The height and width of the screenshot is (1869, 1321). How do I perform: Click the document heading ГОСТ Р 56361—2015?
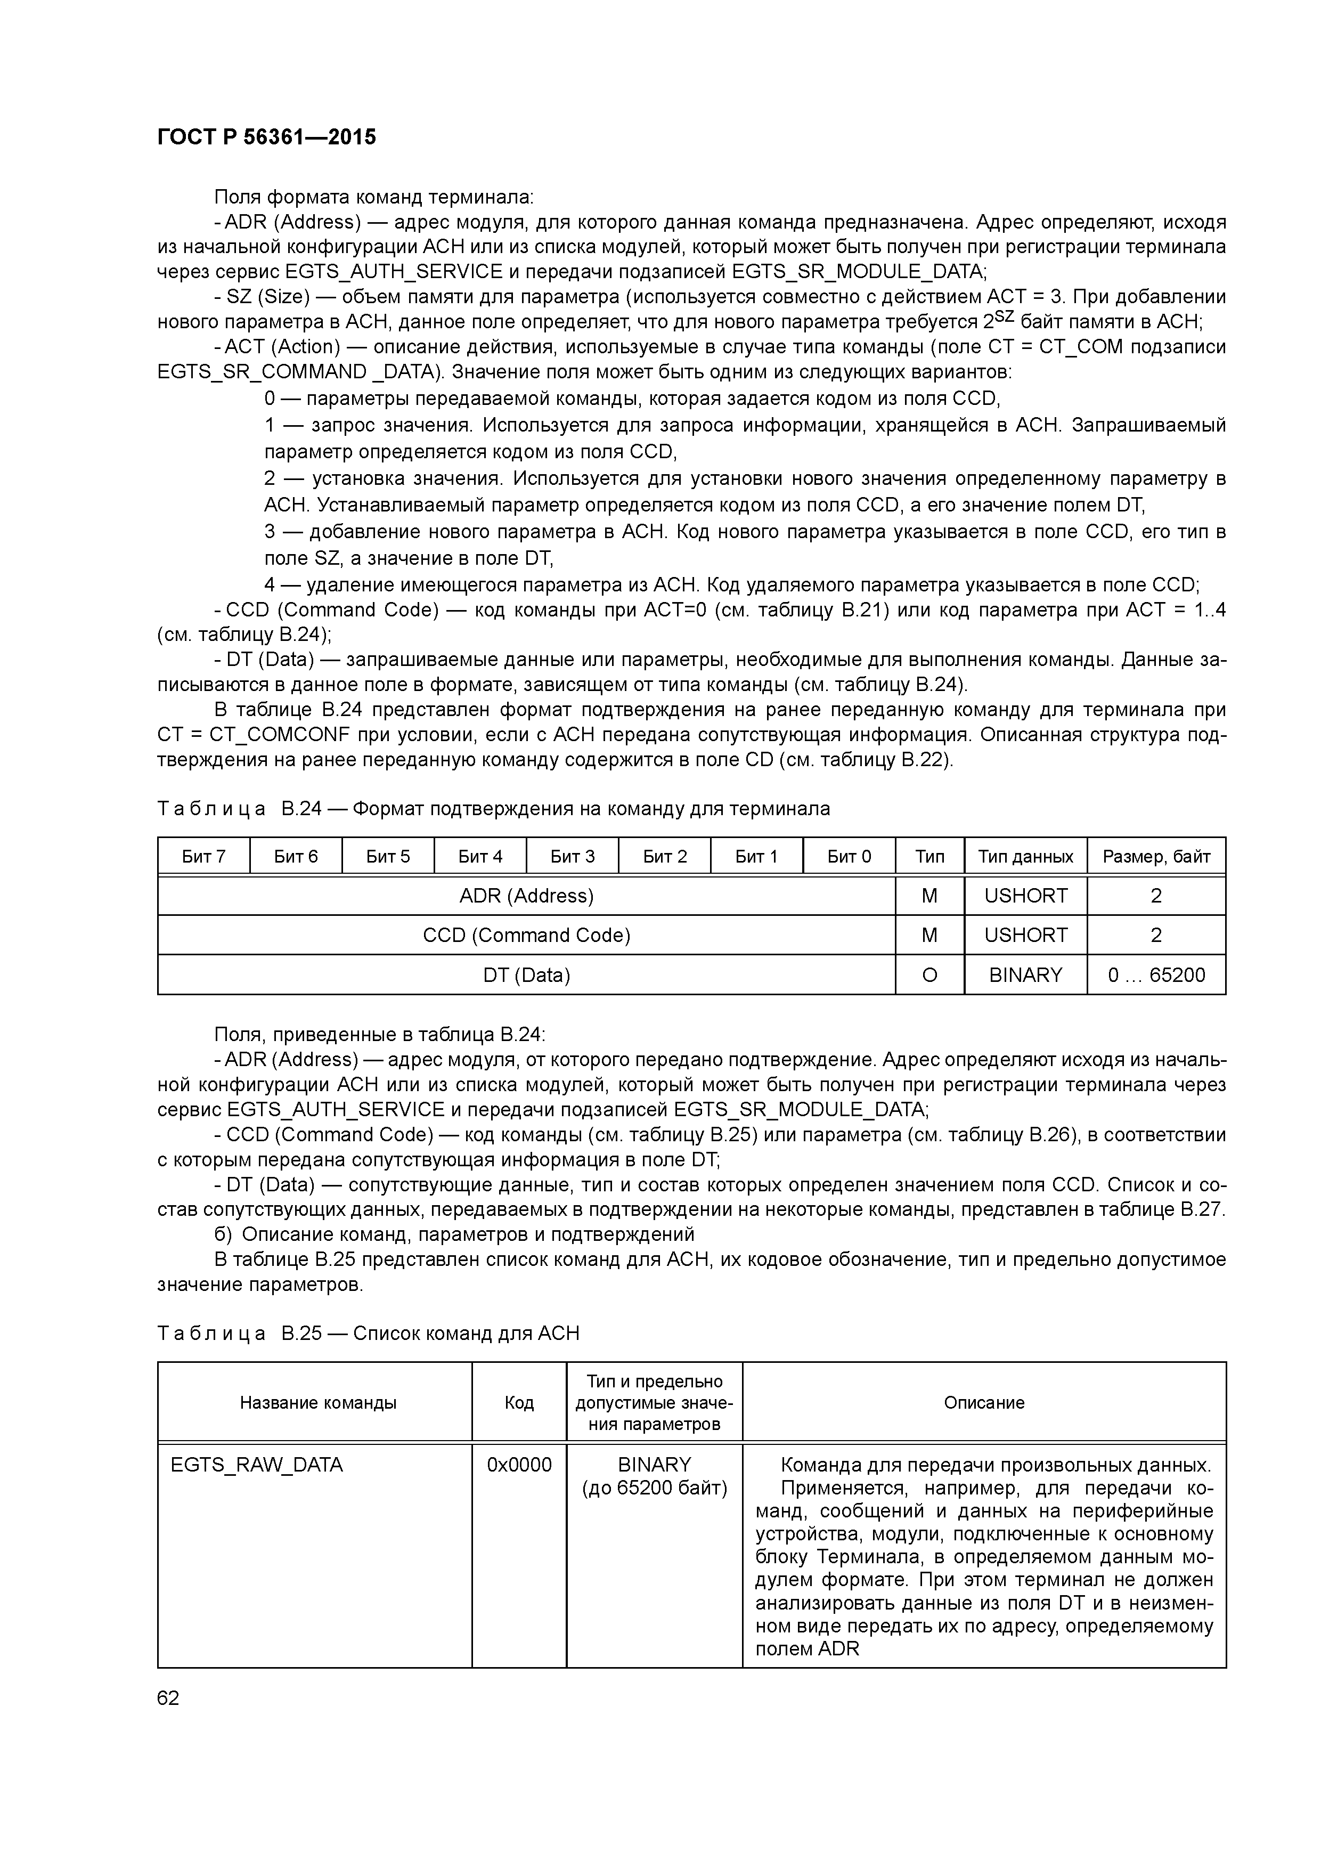click(x=266, y=137)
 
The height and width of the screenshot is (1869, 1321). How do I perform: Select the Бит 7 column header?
click(x=203, y=856)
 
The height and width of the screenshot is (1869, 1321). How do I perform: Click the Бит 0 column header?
click(x=849, y=856)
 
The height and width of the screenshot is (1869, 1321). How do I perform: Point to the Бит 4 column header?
click(x=480, y=856)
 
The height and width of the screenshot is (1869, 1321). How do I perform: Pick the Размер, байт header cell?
click(x=1156, y=856)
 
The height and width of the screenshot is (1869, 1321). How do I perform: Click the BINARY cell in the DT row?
click(x=1025, y=975)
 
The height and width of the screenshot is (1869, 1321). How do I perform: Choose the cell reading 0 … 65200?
click(x=1156, y=975)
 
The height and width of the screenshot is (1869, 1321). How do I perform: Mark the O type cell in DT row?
click(x=929, y=975)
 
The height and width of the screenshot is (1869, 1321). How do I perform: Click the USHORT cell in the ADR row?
click(x=1025, y=896)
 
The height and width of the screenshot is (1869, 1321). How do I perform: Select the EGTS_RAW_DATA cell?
click(x=257, y=1465)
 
